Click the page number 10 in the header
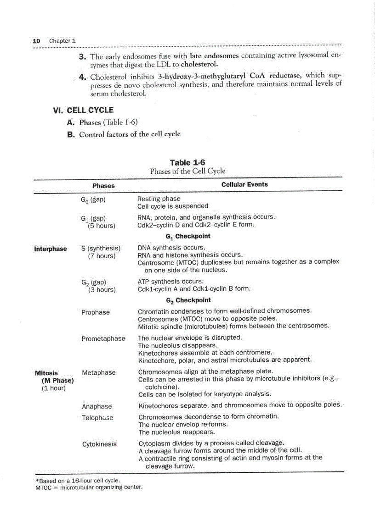click(36, 41)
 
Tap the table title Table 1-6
click(187, 163)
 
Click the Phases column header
click(103, 186)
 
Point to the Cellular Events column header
click(244, 184)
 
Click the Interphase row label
click(51, 249)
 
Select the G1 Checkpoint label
click(188, 236)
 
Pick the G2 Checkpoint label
click(188, 300)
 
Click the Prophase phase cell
click(96, 312)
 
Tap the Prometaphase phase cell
click(103, 338)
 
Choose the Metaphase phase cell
click(98, 372)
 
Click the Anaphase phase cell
click(97, 406)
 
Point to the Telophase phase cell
click(97, 418)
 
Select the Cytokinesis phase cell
click(99, 444)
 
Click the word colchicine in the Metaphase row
click(161, 386)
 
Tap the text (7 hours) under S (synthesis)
click(102, 256)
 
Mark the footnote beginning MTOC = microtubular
click(89, 487)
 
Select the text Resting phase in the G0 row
click(159, 199)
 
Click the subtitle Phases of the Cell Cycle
click(187, 171)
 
